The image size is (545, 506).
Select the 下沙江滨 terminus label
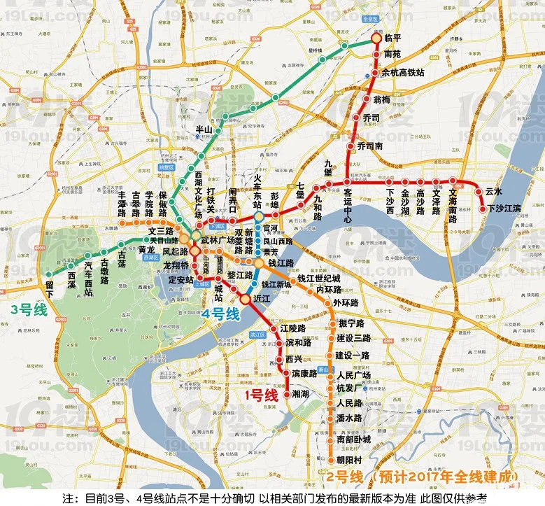pyautogui.click(x=504, y=209)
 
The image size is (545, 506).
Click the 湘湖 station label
pyautogui.click(x=301, y=395)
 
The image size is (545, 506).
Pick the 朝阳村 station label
pyautogui.click(x=348, y=461)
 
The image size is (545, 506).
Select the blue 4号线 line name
pyautogui.click(x=220, y=315)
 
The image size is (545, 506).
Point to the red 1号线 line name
pyautogui.click(x=260, y=395)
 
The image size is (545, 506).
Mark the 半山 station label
pyautogui.click(x=203, y=129)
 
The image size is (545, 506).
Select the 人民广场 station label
pyautogui.click(x=353, y=375)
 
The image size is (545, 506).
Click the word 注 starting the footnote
pyautogui.click(x=68, y=498)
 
